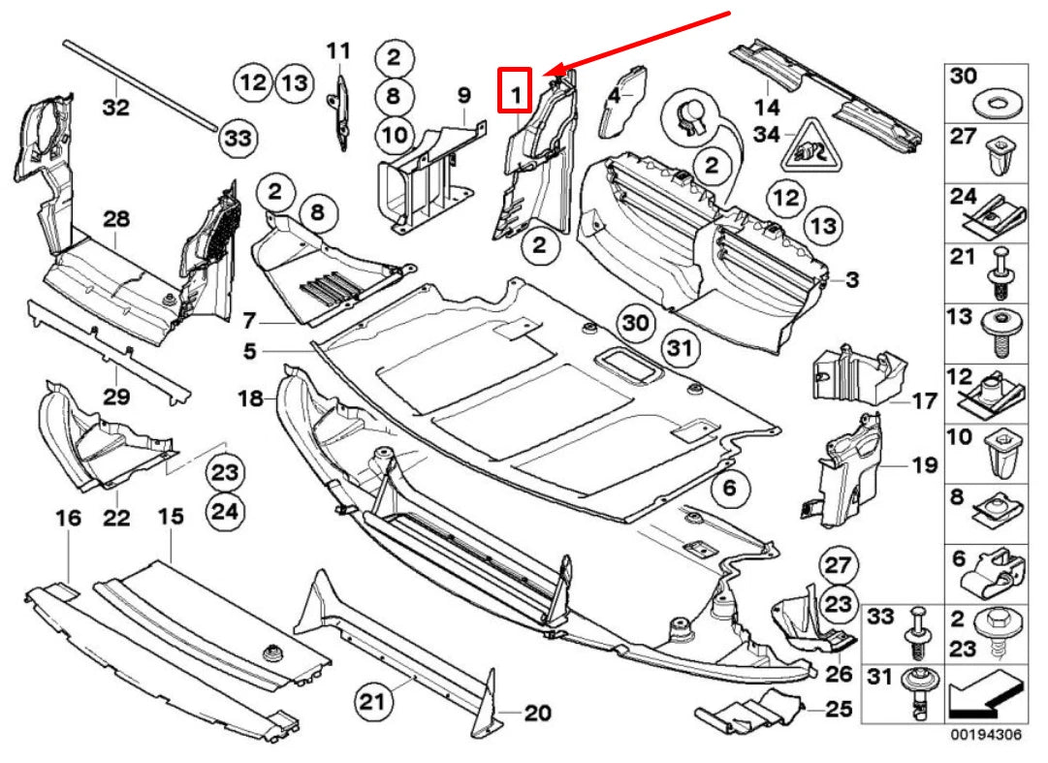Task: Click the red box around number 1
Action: (515, 90)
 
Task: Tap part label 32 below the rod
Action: (115, 107)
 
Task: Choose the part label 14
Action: (767, 107)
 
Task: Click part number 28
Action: (116, 220)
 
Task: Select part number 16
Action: (68, 519)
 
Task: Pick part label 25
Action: (840, 709)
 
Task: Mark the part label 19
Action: (924, 466)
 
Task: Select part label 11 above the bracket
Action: (337, 50)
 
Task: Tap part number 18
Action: (250, 397)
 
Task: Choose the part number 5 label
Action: (250, 352)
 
